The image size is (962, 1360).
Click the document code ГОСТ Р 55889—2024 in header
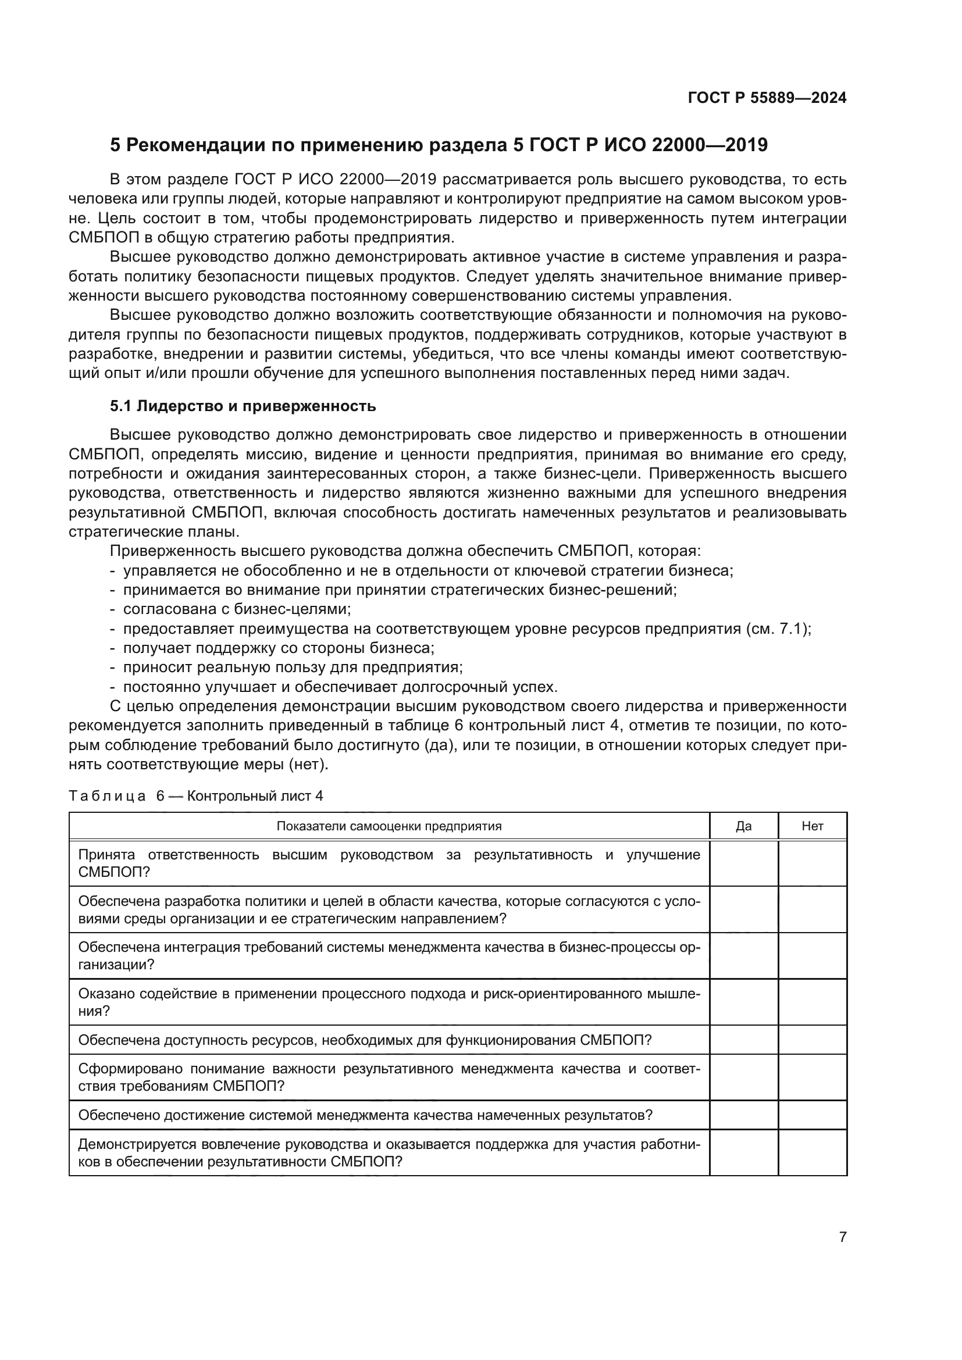pos(767,98)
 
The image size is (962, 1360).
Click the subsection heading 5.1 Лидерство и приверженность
pos(243,406)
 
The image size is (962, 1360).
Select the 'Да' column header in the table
pos(743,826)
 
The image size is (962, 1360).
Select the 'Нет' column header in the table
pos(812,826)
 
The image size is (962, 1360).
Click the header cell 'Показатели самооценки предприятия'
pos(389,826)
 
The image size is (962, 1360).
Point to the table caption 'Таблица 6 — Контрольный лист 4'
pos(195,795)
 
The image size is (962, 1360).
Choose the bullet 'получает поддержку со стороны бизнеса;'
pos(279,648)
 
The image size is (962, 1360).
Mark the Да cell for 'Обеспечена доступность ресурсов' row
pos(743,1041)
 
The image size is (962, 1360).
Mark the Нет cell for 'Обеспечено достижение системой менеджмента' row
pos(812,1115)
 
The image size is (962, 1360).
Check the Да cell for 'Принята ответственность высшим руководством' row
pos(743,863)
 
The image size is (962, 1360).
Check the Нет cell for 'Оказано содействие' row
pos(812,1002)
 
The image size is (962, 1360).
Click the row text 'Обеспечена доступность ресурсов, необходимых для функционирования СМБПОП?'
pos(365,1041)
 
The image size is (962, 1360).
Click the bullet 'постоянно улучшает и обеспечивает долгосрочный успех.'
pos(340,687)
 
